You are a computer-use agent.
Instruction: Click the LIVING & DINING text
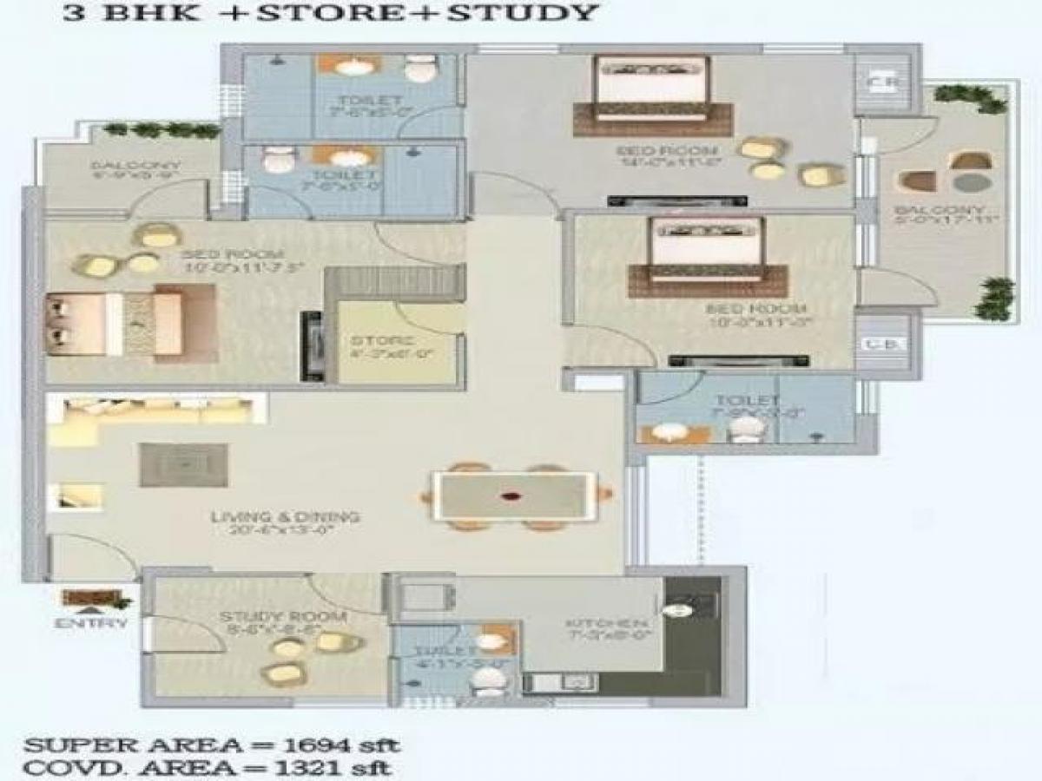[x=285, y=518]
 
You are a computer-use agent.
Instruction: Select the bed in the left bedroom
[x=130, y=323]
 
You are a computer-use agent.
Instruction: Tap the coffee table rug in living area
[x=183, y=465]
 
